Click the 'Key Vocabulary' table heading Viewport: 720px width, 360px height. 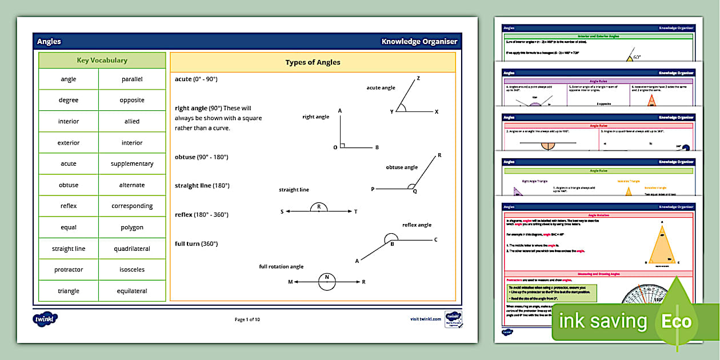click(x=102, y=61)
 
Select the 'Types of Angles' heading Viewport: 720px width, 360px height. click(x=313, y=62)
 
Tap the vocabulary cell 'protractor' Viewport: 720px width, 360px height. click(x=69, y=270)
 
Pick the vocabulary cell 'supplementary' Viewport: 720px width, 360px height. click(x=132, y=164)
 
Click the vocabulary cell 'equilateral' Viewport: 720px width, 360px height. click(x=132, y=291)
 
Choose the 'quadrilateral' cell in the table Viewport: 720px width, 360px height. click(x=132, y=249)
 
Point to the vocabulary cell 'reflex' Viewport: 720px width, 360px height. click(x=69, y=206)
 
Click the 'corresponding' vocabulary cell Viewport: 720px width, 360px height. click(x=132, y=206)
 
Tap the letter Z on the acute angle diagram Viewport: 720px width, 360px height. click(x=418, y=78)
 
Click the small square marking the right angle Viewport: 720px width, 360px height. click(x=342, y=146)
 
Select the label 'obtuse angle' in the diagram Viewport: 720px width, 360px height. click(x=402, y=167)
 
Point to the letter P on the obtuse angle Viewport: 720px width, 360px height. click(x=373, y=189)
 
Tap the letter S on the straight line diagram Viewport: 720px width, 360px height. click(x=282, y=212)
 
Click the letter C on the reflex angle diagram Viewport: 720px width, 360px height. click(x=436, y=240)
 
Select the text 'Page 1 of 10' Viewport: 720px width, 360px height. click(x=247, y=319)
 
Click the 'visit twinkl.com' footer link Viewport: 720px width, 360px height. click(x=426, y=319)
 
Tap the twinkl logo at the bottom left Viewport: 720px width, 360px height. click(x=46, y=319)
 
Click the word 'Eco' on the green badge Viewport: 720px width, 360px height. click(x=677, y=321)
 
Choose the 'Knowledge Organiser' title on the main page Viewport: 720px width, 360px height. click(x=419, y=42)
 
